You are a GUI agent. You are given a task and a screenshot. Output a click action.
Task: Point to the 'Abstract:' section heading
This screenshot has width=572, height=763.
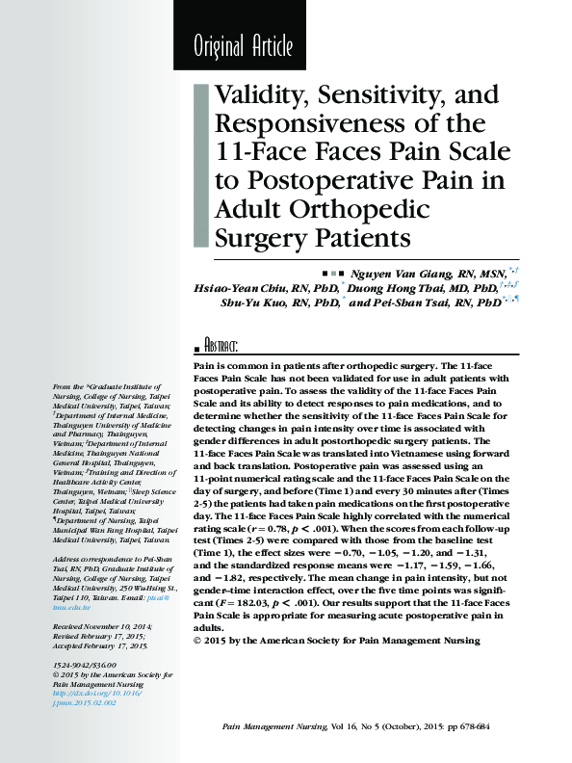(221, 346)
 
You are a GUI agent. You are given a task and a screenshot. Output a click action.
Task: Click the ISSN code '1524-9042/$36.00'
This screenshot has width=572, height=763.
(85, 666)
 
